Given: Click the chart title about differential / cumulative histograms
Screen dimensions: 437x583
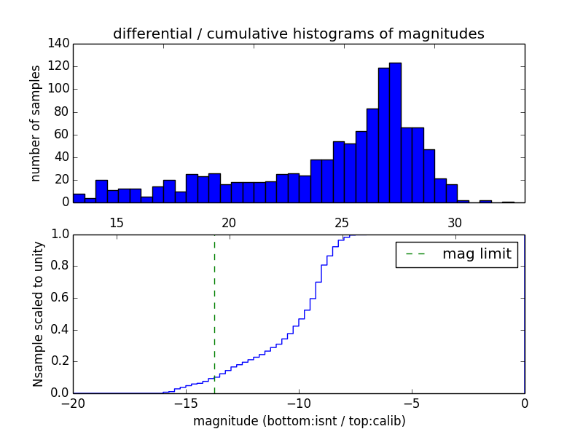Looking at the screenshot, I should pos(298,34).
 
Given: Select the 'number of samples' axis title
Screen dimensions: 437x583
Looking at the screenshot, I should pos(36,123).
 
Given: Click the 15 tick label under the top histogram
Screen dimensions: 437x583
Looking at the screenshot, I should pos(116,222).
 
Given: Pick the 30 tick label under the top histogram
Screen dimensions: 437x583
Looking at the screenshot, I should pos(455,222).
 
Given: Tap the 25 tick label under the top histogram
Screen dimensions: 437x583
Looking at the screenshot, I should pos(342,222).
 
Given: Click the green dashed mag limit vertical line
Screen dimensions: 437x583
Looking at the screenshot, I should pos(214,313).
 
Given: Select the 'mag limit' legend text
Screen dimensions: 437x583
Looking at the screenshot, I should pos(477,254).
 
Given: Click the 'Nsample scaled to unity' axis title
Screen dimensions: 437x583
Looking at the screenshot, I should pos(38,313).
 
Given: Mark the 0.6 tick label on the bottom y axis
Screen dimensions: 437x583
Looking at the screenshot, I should pos(58,298).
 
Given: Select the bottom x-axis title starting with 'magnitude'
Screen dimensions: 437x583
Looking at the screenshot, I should pos(299,421).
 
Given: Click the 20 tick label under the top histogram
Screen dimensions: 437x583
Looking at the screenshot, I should pos(229,222).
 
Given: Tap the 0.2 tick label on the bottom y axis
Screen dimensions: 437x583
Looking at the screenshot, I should pos(58,361).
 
